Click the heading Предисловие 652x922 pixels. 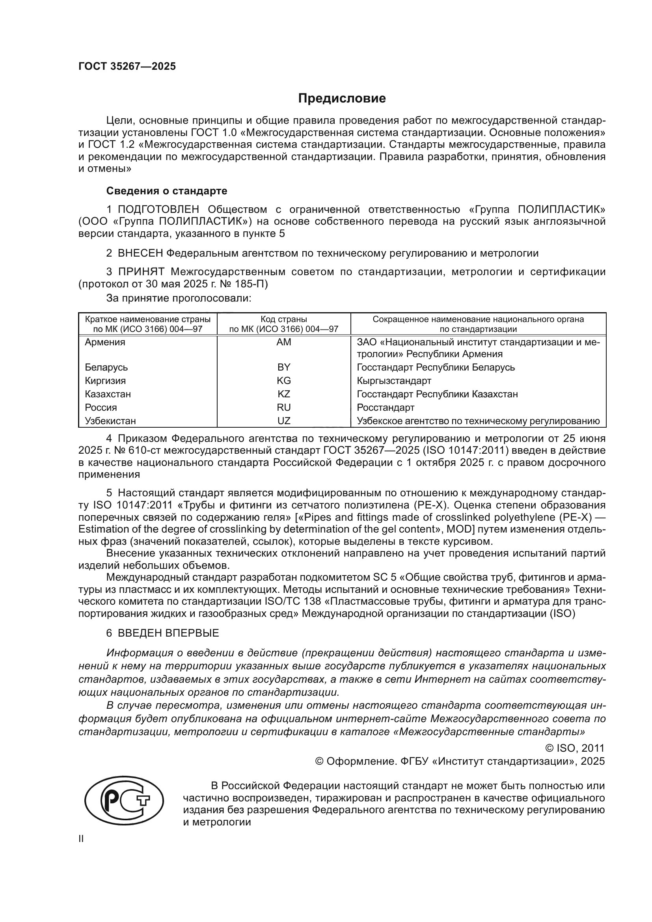[x=342, y=99]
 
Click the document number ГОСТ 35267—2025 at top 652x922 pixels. [x=127, y=67]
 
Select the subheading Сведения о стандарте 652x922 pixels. [x=167, y=191]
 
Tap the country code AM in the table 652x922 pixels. [x=283, y=342]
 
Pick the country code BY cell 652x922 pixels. [x=283, y=367]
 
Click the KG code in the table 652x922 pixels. [x=283, y=380]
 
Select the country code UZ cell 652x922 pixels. [x=283, y=421]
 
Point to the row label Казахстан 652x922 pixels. [x=108, y=394]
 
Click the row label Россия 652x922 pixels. [x=101, y=407]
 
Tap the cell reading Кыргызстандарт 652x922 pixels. [x=394, y=380]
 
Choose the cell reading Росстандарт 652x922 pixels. [x=386, y=407]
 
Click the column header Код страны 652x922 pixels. [x=283, y=319]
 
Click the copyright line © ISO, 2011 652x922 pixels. [x=574, y=748]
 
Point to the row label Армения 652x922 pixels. [x=105, y=342]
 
